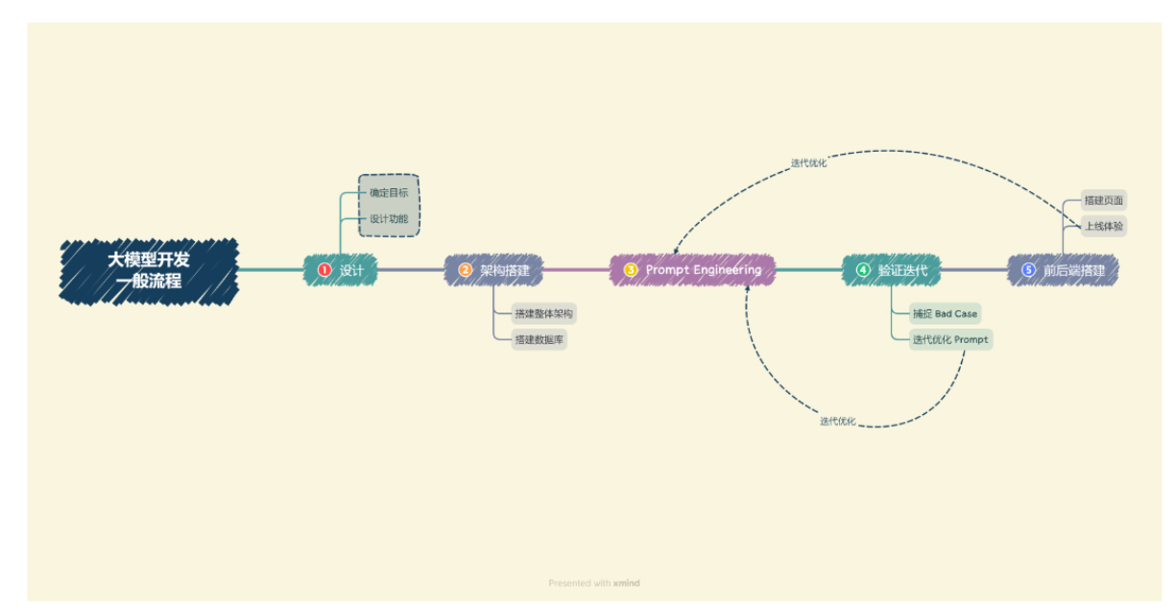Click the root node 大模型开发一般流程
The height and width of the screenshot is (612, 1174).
click(x=148, y=270)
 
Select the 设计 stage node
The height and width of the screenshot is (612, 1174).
click(x=341, y=270)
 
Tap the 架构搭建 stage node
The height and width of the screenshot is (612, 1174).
click(x=494, y=270)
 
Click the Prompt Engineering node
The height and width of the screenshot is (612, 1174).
click(x=692, y=270)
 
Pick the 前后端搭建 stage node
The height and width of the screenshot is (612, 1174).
click(x=1064, y=270)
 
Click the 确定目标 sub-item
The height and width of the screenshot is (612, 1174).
click(x=389, y=193)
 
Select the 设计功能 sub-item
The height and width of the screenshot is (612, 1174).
click(x=389, y=219)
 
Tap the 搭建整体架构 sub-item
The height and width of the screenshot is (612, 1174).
click(x=543, y=313)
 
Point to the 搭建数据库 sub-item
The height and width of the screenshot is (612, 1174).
click(x=539, y=339)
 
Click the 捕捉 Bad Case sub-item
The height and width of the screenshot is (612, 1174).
click(x=945, y=313)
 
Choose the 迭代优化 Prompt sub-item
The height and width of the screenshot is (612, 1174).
click(x=949, y=339)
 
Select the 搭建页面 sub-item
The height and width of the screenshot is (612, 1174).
click(x=1103, y=201)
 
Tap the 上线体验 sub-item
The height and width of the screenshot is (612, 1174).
click(x=1103, y=227)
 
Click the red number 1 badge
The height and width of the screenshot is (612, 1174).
click(x=324, y=270)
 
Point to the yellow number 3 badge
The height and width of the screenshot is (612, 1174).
click(x=631, y=270)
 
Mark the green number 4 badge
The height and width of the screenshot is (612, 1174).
click(x=863, y=270)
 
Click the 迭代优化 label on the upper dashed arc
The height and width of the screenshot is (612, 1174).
click(x=808, y=163)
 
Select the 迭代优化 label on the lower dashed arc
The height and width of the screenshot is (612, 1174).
click(x=837, y=421)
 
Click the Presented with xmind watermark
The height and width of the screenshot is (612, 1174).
click(x=593, y=583)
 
